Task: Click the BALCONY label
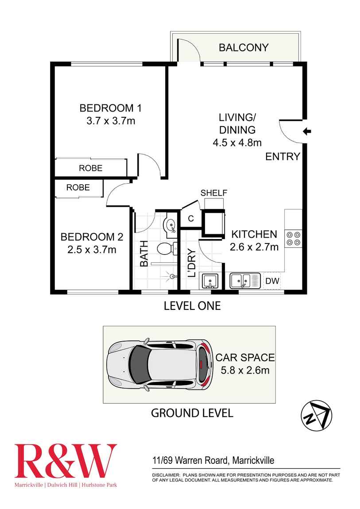pos(244,47)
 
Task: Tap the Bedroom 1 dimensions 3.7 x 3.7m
pos(111,120)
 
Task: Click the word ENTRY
pos(283,156)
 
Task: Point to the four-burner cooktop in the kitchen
pos(293,239)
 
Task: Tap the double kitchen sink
pos(245,281)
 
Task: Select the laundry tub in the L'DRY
pos(209,281)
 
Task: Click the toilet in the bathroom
pos(165,248)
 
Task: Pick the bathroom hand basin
pos(170,224)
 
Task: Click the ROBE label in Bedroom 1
pos(90,168)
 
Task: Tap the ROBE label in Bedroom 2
pos(78,187)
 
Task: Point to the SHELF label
pos(213,193)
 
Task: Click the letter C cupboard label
pos(191,218)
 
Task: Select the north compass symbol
pos(317,416)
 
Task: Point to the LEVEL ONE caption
pos(192,306)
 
